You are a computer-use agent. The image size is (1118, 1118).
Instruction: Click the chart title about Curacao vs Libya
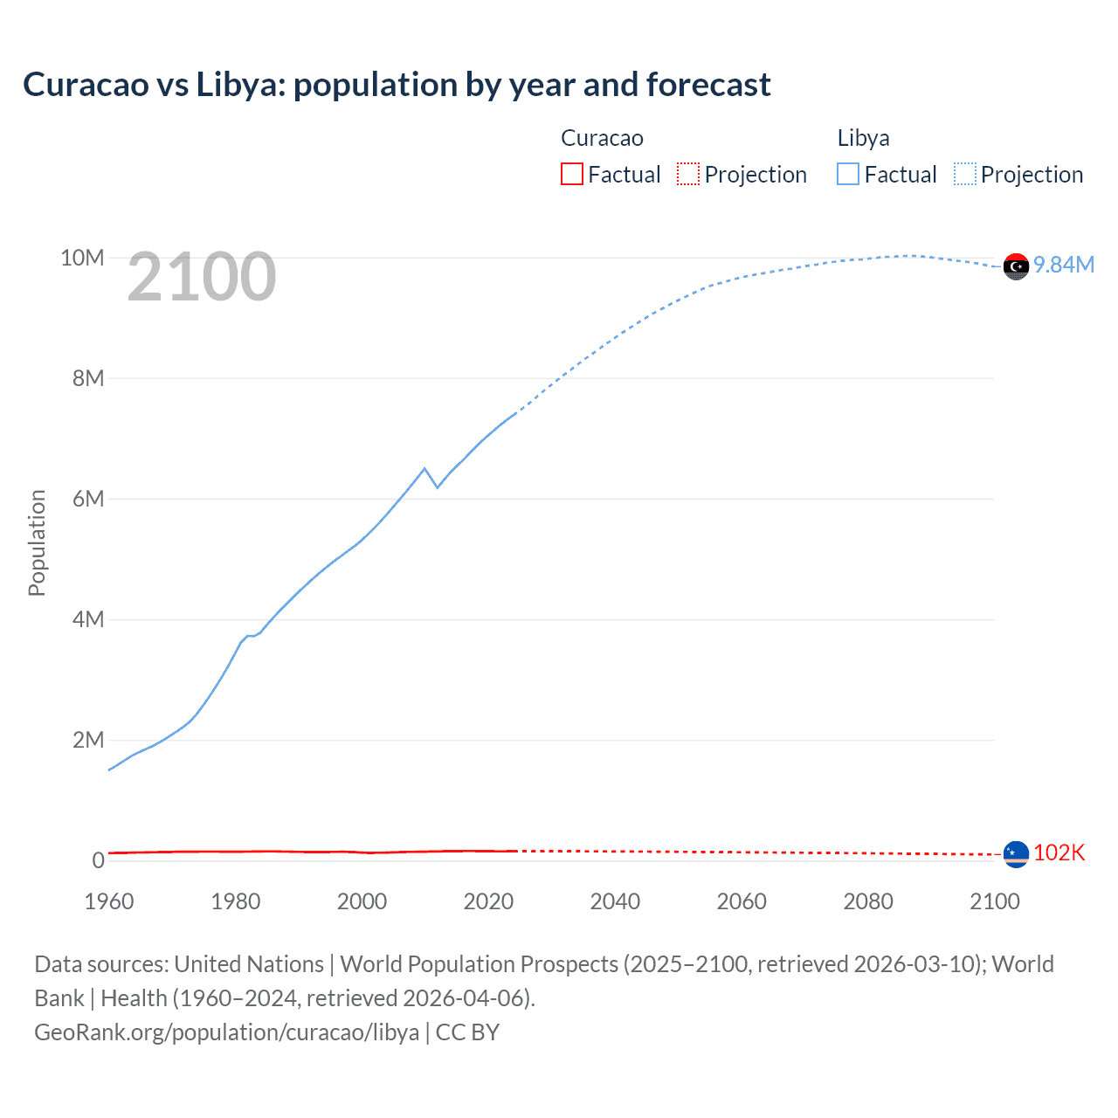click(x=397, y=85)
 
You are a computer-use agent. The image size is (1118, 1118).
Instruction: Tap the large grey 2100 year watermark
click(x=202, y=278)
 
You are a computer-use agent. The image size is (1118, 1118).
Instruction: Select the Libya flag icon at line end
click(x=1016, y=266)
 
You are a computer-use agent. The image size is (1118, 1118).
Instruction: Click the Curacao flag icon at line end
click(x=1016, y=854)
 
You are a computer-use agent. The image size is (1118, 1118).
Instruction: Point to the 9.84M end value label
click(x=1064, y=266)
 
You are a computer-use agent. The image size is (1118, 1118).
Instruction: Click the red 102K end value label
click(x=1059, y=853)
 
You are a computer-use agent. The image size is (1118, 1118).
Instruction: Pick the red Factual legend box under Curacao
click(x=571, y=174)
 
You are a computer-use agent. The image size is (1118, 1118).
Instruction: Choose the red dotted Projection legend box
click(x=688, y=174)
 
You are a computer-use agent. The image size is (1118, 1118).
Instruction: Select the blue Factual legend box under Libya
click(x=848, y=174)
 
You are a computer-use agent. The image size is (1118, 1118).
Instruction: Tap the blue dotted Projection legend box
click(x=965, y=174)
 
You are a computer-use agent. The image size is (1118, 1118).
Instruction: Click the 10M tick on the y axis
click(x=82, y=258)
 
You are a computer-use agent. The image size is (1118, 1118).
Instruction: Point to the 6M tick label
click(x=88, y=499)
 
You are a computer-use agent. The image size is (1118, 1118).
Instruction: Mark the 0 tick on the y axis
click(x=98, y=860)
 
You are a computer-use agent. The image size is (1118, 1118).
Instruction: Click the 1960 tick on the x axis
click(x=109, y=901)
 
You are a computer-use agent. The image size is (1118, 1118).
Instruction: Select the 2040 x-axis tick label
click(x=615, y=901)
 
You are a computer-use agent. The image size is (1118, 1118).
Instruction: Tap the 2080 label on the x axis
click(x=868, y=901)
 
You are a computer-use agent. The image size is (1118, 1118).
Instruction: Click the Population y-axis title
click(x=37, y=542)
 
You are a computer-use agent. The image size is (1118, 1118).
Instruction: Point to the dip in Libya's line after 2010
click(x=437, y=487)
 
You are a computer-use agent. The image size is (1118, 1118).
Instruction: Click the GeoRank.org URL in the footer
click(x=226, y=1032)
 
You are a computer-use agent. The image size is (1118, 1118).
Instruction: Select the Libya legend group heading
click(x=863, y=138)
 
